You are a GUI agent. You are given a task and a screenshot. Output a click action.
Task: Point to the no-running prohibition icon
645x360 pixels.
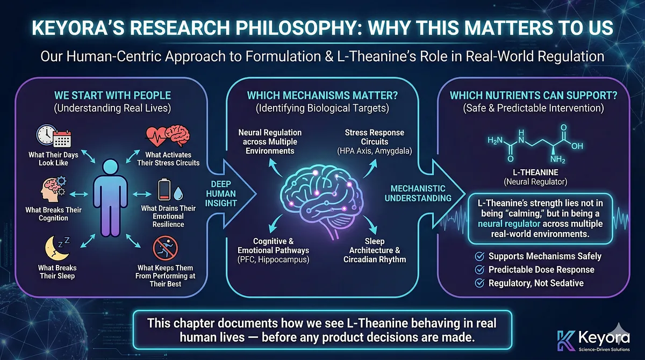tap(166, 249)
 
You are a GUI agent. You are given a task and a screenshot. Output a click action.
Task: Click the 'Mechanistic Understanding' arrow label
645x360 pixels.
tap(418, 193)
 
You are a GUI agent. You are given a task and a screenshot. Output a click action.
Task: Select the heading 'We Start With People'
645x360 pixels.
tap(112, 96)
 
